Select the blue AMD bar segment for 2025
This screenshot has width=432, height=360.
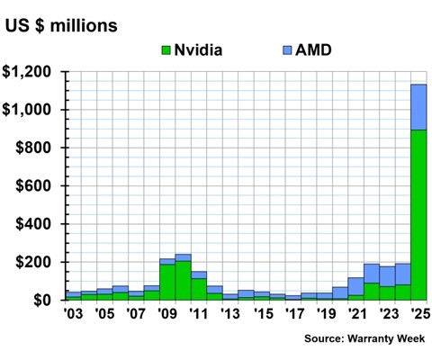point(418,106)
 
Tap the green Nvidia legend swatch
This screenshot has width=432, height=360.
point(167,49)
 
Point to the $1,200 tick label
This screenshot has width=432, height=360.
point(30,72)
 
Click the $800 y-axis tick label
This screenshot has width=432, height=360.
point(37,148)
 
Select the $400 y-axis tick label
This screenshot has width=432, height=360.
point(37,224)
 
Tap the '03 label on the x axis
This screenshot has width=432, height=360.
point(73,316)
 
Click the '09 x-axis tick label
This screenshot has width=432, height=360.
point(166,316)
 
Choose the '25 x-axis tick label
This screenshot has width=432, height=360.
point(418,316)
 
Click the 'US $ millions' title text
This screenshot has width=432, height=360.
point(61,25)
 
